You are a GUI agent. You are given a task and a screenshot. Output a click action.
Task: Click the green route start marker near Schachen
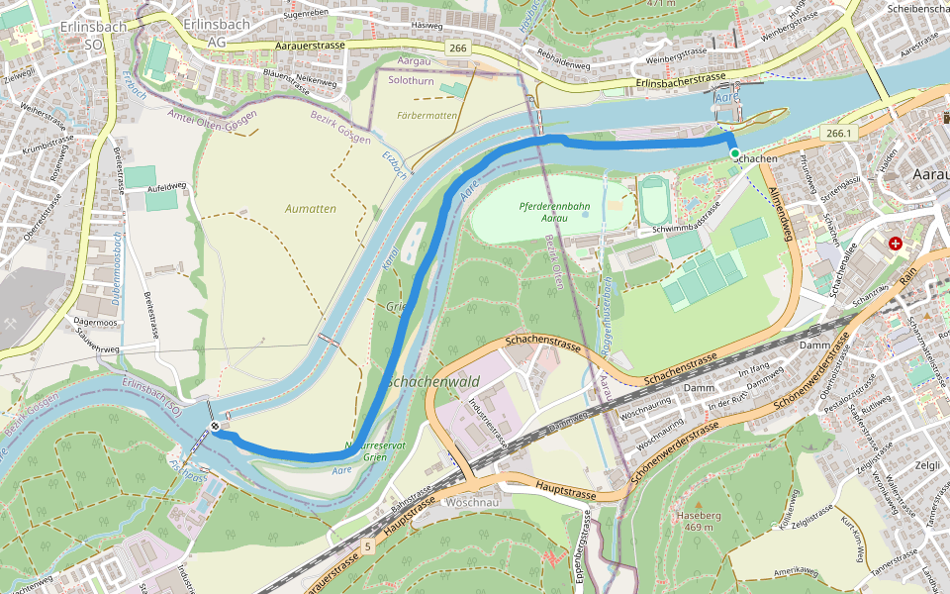click(734, 153)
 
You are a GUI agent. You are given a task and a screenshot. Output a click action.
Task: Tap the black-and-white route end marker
click(215, 427)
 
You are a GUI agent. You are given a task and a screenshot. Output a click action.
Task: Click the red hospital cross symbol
click(896, 244)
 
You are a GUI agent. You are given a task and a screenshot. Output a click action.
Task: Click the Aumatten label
click(311, 209)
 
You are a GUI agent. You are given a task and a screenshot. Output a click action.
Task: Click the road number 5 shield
click(367, 545)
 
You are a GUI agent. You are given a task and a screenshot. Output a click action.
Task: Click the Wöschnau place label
click(473, 502)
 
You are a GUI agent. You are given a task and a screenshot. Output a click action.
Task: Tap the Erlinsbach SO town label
click(92, 35)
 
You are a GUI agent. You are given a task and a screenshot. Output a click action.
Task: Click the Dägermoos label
click(95, 322)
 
